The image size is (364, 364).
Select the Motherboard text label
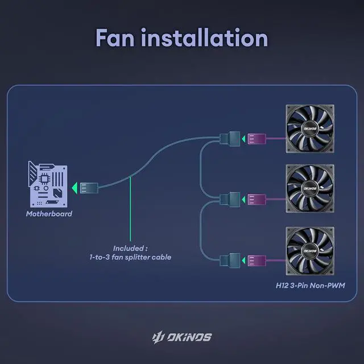point(49,214)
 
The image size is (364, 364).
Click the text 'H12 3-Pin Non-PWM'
point(307,286)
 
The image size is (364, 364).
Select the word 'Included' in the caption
point(128,249)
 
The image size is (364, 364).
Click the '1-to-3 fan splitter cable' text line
point(130,258)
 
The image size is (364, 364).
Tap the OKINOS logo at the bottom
point(182,337)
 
